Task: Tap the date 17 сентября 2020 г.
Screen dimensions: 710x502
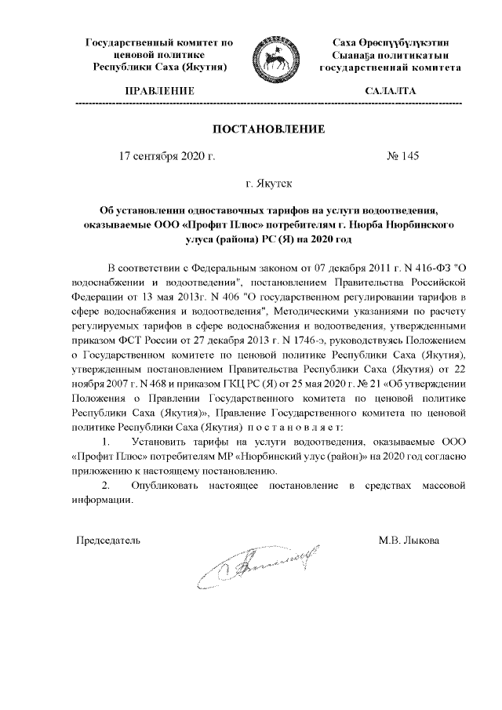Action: coord(166,155)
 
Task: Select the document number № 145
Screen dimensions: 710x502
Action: coord(402,155)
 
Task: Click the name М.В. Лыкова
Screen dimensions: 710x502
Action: coord(409,541)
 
